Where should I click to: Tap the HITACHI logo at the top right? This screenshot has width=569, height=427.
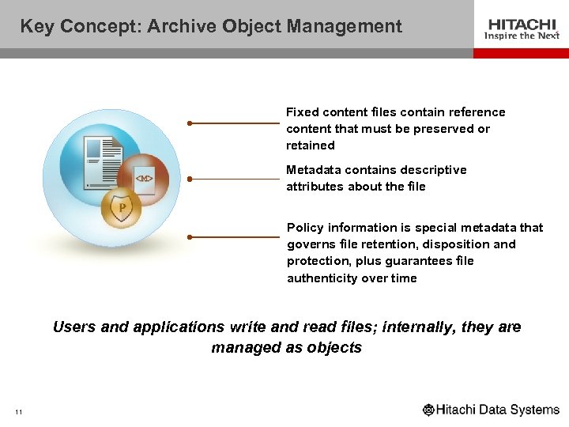[522, 24]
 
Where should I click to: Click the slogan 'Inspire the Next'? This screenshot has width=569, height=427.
[522, 36]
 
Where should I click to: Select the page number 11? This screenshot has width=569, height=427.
[18, 411]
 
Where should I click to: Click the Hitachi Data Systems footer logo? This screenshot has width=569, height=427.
[491, 410]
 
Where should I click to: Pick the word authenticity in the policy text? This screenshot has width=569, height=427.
[322, 278]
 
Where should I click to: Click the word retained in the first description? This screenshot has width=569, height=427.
[311, 145]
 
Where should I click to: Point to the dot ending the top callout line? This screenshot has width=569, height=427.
[190, 123]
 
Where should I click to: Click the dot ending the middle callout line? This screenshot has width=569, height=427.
[190, 179]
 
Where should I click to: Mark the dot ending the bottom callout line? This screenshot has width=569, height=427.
[190, 236]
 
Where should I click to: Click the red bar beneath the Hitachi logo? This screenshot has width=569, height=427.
[521, 53]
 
